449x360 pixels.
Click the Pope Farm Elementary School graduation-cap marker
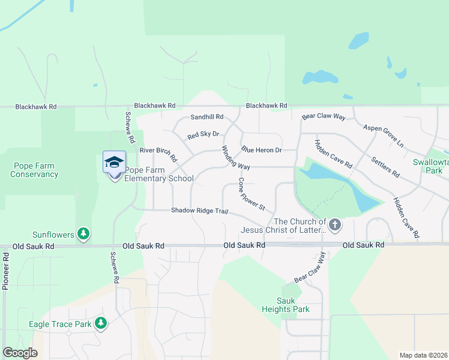(114, 163)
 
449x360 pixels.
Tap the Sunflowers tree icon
(84, 234)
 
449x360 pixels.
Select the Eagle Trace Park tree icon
(101, 324)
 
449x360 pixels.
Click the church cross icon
(335, 226)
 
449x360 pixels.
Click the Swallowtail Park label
(430, 166)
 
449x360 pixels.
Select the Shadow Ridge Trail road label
(200, 211)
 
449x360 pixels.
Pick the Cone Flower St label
(252, 193)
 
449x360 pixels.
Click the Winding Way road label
(235, 157)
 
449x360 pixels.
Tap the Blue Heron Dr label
(261, 149)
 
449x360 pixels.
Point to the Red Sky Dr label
(203, 136)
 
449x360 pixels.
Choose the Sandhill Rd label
(206, 117)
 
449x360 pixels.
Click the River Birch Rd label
(158, 154)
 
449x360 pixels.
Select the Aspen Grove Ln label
(383, 136)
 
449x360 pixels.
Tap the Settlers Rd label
(385, 166)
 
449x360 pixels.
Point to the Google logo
(20, 353)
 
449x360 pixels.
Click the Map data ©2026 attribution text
(423, 355)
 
